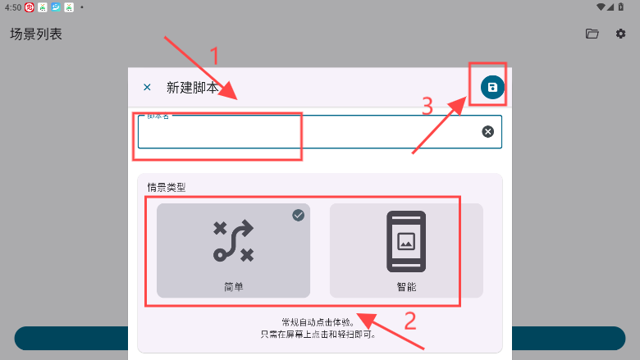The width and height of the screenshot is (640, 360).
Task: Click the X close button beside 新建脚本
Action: [x=147, y=88]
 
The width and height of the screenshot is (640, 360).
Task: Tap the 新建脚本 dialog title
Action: [x=192, y=88]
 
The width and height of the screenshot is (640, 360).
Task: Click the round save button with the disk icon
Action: [x=492, y=88]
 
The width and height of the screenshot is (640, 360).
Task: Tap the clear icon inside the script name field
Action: [x=488, y=131]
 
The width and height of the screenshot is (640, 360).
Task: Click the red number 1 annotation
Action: [x=216, y=56]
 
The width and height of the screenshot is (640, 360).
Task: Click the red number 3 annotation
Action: [x=427, y=107]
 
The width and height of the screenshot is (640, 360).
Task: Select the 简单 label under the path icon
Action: [x=233, y=287]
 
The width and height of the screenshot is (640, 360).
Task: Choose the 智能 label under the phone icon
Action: [x=406, y=287]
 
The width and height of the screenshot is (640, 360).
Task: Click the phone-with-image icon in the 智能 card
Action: [x=406, y=241]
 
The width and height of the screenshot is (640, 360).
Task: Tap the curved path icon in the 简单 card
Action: [x=233, y=241]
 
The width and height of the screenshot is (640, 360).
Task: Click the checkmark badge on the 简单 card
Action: [x=299, y=215]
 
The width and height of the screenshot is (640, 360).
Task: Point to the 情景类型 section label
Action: [x=167, y=187]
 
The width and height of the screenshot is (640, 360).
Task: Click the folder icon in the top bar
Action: [x=592, y=34]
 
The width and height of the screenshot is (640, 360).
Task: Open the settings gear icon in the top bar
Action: [x=621, y=34]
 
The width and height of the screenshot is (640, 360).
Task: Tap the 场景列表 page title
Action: [x=36, y=34]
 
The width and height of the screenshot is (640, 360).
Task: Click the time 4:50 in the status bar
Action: [x=12, y=7]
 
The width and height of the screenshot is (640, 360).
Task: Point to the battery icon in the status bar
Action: [x=620, y=7]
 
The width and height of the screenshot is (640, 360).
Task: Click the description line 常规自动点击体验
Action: [x=319, y=322]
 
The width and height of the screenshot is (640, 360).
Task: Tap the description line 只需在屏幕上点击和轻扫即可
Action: [x=319, y=335]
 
